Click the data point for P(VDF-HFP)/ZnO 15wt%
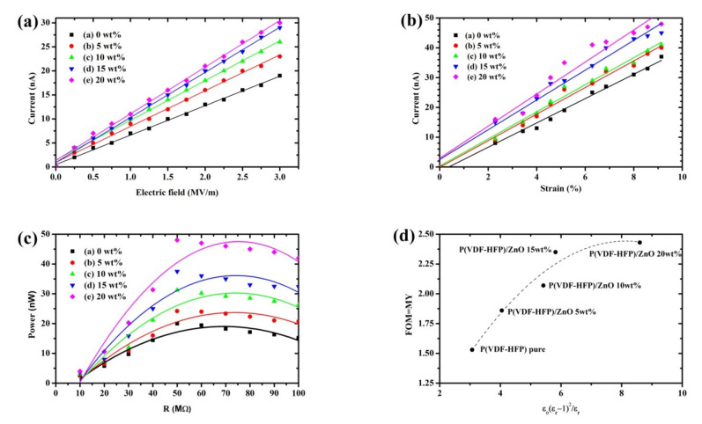(x=556, y=252)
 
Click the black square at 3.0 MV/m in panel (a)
(x=279, y=76)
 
